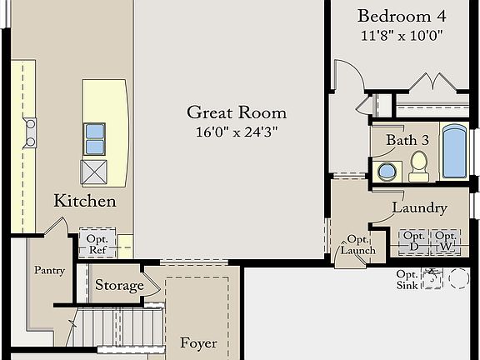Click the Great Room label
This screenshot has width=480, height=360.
[236, 112]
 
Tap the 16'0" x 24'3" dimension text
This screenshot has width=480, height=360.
[236, 132]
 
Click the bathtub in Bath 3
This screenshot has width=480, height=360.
[454, 152]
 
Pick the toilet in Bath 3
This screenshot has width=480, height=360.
[418, 166]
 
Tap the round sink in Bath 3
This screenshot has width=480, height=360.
[387, 172]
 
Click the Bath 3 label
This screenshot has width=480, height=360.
[407, 140]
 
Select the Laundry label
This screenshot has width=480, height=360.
[419, 207]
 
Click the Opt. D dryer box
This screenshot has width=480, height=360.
[413, 242]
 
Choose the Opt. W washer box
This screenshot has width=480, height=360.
[445, 242]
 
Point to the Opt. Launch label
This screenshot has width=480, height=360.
[357, 245]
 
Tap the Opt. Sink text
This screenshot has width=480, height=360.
[407, 279]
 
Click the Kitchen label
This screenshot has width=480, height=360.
[85, 201]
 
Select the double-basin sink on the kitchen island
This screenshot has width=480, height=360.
[94, 138]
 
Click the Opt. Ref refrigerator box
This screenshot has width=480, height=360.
[97, 243]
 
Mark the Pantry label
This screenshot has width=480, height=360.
[49, 270]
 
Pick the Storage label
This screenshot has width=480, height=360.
[119, 285]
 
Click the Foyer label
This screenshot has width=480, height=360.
[198, 342]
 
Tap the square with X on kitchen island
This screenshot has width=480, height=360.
[92, 172]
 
